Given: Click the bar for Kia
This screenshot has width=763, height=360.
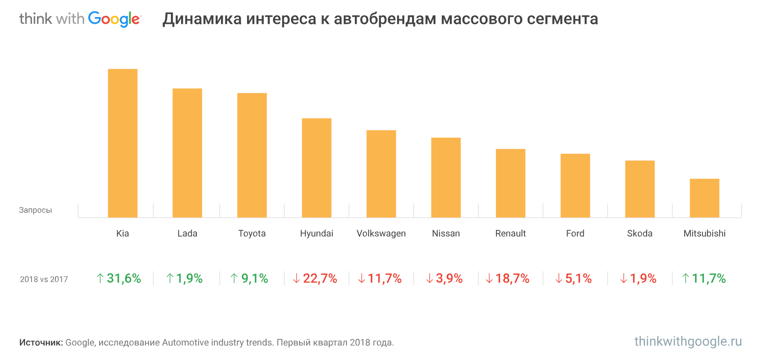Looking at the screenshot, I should [x=123, y=143].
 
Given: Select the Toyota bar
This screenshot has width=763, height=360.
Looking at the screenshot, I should [x=252, y=155].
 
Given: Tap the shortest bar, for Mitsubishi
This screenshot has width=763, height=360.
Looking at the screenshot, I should [x=704, y=198].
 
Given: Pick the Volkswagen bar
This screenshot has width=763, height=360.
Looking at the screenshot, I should [x=381, y=174].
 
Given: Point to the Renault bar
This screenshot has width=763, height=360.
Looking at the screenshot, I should [x=510, y=183].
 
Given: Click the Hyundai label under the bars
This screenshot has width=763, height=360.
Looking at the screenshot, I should [x=317, y=233].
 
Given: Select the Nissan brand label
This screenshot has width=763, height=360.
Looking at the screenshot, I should [x=446, y=233].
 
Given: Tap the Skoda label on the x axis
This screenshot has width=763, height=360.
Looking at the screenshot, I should [x=639, y=233].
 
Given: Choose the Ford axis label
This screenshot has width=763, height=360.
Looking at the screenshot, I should [x=575, y=233].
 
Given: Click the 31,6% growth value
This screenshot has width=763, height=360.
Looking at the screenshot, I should [x=124, y=279].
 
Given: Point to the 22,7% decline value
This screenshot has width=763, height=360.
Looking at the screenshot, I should [x=320, y=279].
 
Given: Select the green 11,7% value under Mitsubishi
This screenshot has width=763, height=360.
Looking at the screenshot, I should [x=708, y=279].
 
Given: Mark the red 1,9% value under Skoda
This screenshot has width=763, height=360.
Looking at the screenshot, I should [x=643, y=279].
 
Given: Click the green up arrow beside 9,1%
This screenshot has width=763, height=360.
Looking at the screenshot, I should [x=234, y=279].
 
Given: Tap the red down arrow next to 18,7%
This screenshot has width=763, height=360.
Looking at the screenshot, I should [x=489, y=279].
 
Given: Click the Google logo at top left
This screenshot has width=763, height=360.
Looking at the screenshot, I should [x=114, y=19].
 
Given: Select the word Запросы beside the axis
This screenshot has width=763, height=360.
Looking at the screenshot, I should [x=35, y=210].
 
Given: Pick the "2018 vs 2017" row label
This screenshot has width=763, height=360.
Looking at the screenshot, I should [x=44, y=279].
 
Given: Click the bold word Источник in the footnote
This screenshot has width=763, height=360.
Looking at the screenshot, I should [x=41, y=343].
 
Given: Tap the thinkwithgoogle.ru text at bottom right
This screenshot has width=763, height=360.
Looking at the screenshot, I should [x=688, y=342].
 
